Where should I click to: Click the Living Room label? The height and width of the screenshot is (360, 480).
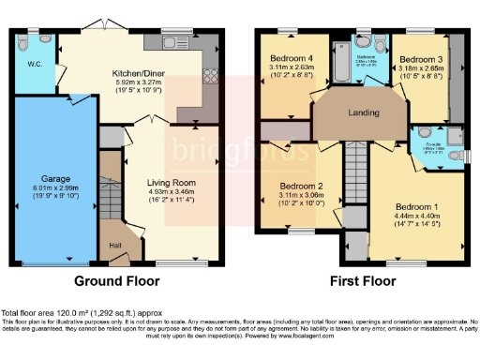pyautogui.click(x=169, y=184)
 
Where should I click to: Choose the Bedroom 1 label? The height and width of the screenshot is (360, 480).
pyautogui.click(x=414, y=205)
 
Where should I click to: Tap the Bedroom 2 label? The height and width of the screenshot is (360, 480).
pyautogui.click(x=302, y=186)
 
